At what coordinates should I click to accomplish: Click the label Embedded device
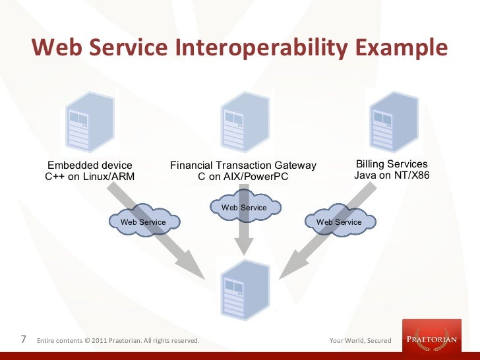coord(88,165)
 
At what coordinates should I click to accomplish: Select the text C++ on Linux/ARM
coord(89,176)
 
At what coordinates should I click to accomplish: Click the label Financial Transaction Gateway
coord(243,165)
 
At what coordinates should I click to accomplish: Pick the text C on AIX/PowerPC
coord(243,176)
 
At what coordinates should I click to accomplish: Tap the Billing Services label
coord(392,164)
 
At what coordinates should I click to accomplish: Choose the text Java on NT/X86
coord(392,175)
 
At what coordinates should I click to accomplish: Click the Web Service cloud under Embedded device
coord(143,222)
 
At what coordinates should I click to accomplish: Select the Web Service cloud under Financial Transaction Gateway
coord(244,208)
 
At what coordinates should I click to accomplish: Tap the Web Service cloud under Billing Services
coord(339,222)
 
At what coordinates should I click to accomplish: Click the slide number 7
coord(24,340)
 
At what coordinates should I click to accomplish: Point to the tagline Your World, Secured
coord(360,341)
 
